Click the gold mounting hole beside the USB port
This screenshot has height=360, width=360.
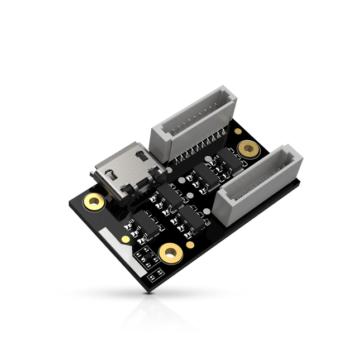(x=92, y=201)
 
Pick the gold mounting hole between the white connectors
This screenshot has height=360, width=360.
(x=247, y=148)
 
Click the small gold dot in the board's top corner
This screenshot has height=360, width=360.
(x=238, y=131)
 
